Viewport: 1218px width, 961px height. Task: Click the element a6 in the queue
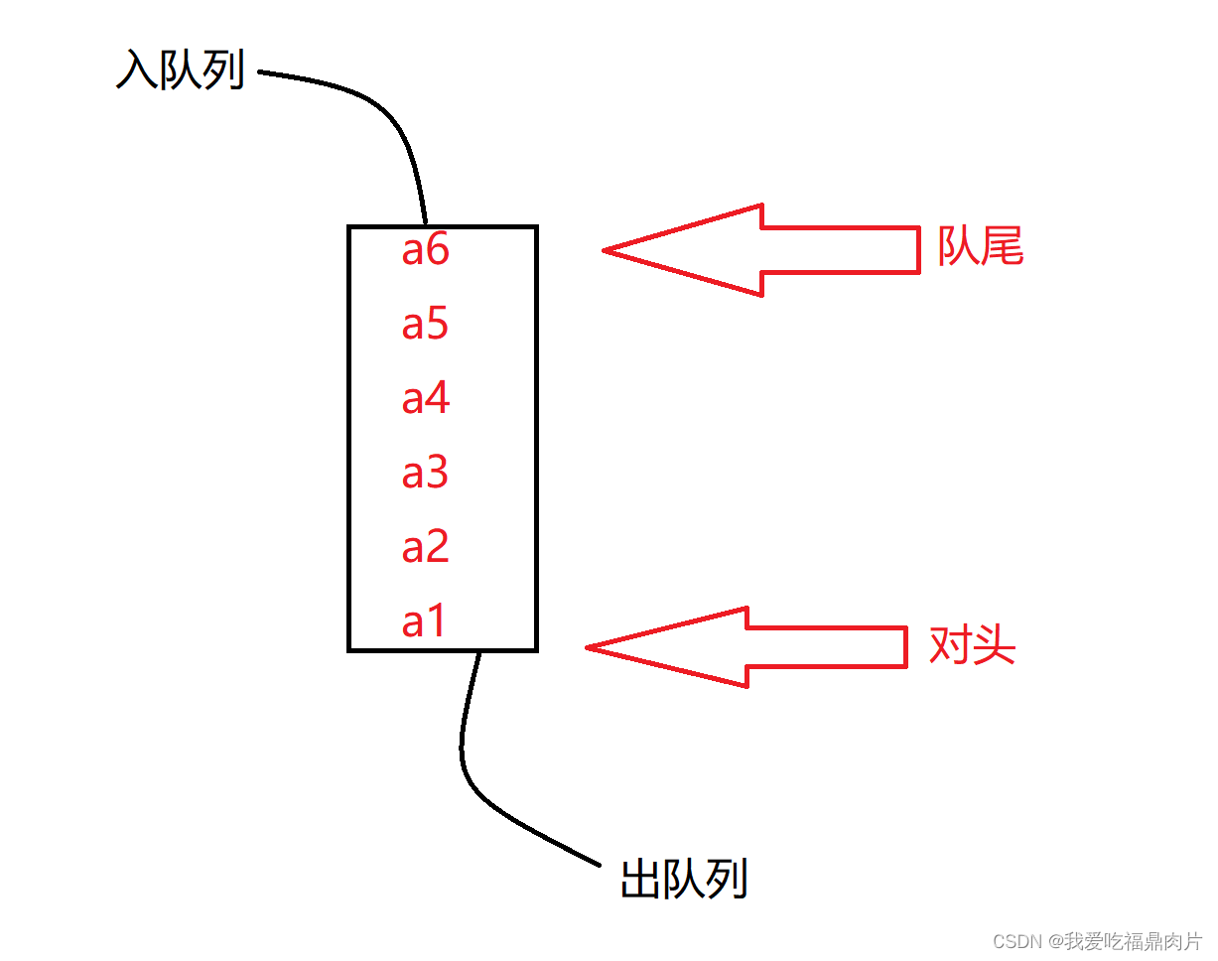425,250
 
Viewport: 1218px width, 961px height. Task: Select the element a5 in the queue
425,325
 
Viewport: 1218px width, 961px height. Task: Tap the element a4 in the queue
425,399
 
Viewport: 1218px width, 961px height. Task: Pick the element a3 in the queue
425,474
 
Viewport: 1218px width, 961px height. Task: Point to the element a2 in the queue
425,547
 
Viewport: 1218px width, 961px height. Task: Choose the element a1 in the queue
424,622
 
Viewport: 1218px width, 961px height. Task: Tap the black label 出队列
684,879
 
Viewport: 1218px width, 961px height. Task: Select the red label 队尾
980,246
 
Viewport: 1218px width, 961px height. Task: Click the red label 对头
972,646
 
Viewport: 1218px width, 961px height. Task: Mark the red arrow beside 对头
746,647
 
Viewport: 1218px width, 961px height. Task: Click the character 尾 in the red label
1002,246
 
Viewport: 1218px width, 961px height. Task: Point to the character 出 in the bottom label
640,879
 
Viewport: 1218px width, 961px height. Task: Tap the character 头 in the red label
995,646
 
